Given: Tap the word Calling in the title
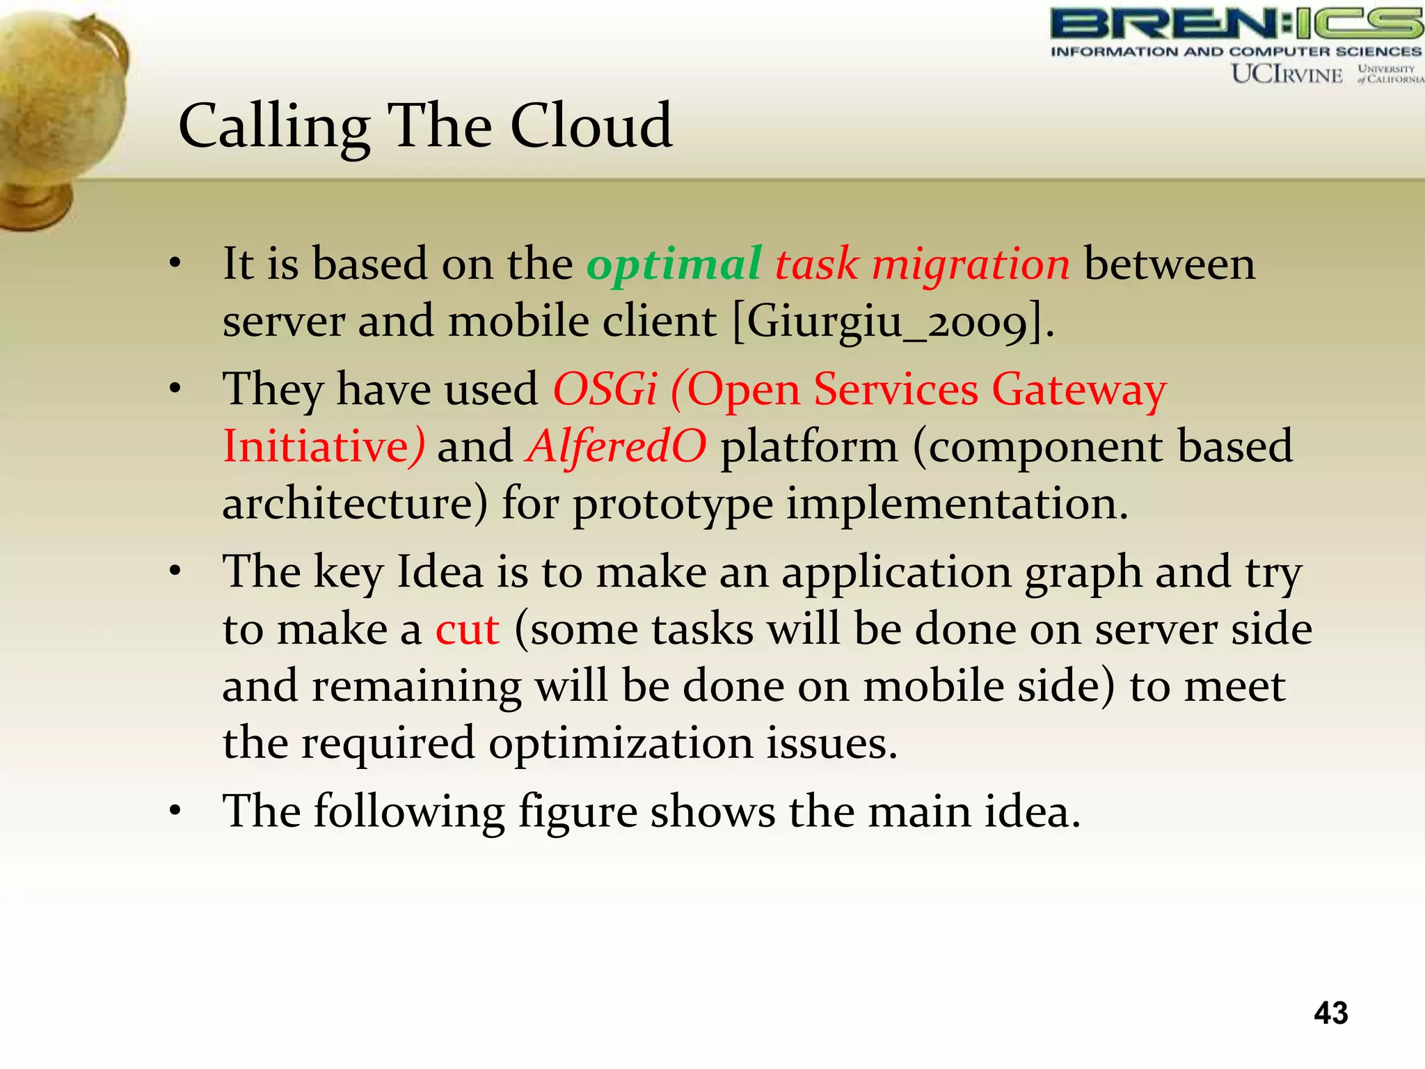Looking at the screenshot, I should click(x=273, y=127).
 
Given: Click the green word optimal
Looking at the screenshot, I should click(x=674, y=265).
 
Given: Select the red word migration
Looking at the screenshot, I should click(x=971, y=265).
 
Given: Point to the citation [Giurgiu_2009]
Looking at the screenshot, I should click(x=893, y=322).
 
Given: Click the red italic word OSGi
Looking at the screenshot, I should click(x=604, y=389).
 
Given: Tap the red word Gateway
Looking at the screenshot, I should click(x=1078, y=390).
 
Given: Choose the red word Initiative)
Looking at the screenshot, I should click(x=324, y=446).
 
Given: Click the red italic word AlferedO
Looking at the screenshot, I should click(x=616, y=446).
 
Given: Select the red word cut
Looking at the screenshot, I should click(x=467, y=630).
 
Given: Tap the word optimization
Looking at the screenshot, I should click(x=621, y=744).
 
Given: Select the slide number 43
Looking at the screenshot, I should click(x=1330, y=1013).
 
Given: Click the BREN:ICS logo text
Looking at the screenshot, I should click(x=1236, y=24).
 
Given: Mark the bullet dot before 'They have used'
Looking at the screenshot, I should click(x=175, y=388).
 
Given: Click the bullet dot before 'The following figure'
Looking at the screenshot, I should click(x=175, y=811).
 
